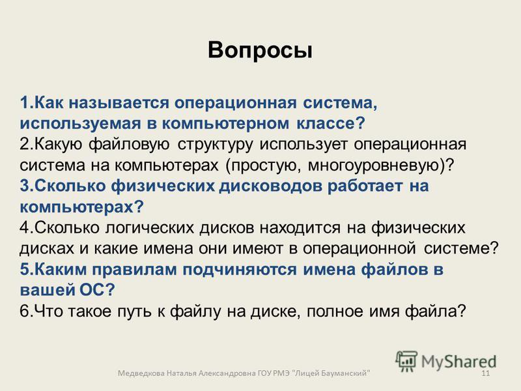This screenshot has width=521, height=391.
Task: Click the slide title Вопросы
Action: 260,51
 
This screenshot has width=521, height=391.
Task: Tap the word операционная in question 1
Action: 236,103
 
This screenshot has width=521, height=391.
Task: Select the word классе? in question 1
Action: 331,123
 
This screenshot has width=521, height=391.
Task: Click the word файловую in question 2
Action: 129,144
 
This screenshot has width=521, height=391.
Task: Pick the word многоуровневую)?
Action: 381,166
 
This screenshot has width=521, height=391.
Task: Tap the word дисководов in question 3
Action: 270,186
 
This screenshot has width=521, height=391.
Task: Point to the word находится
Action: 300,228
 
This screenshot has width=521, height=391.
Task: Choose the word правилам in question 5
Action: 134,270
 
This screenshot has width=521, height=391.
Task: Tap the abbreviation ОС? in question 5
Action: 97,290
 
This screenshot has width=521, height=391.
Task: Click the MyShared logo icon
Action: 406,361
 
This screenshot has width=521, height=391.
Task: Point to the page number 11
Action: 485,373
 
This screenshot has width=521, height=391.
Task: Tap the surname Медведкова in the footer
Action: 141,373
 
